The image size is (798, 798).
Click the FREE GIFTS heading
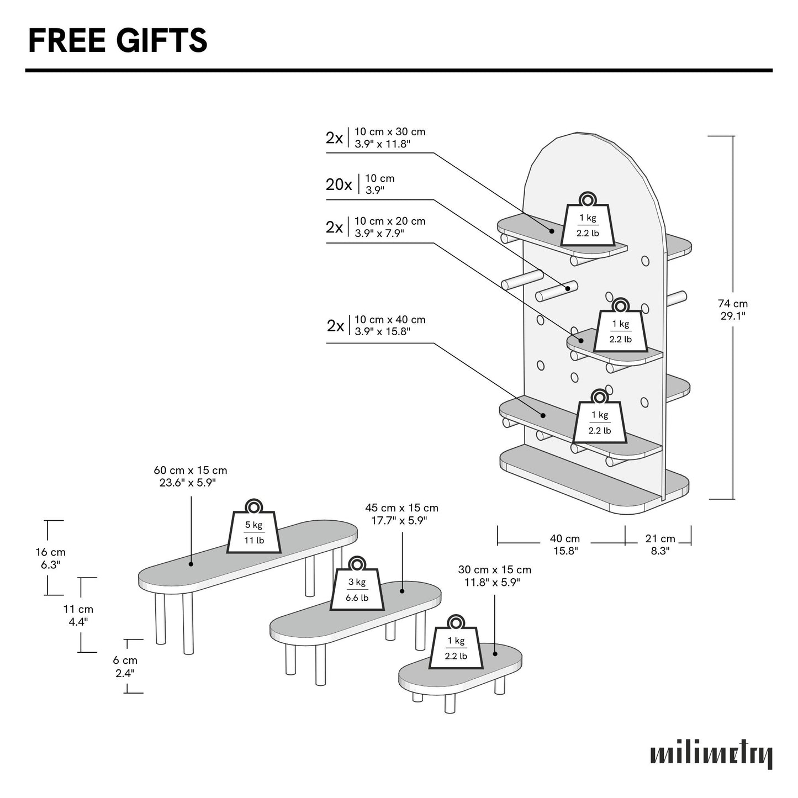118,40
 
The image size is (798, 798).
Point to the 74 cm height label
732,309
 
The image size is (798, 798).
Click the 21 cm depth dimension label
660,544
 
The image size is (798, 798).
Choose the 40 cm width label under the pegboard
565,544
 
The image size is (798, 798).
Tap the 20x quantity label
339,184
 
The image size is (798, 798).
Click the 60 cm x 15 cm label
191,476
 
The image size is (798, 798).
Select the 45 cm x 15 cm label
401,514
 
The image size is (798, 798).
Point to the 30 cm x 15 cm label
494,575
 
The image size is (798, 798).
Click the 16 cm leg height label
50,558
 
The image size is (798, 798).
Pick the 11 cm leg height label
78,615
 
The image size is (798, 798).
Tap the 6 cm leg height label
126,666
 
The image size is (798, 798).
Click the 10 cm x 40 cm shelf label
389,325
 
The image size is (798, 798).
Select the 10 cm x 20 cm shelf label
389,227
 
